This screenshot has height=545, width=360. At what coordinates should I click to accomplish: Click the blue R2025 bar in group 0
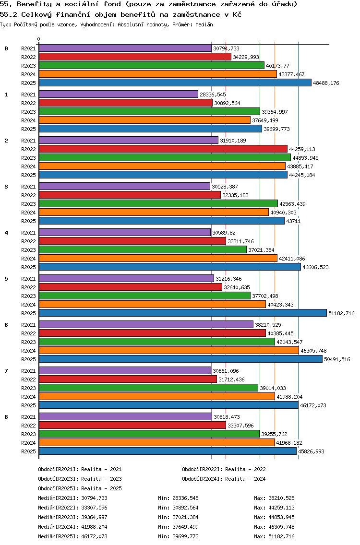[175, 83]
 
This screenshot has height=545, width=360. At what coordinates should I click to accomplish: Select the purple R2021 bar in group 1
[118, 95]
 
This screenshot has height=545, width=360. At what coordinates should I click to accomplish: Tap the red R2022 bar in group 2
[163, 149]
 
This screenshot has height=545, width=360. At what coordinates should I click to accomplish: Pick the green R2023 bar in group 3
[158, 204]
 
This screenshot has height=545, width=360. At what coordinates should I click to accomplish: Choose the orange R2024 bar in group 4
[158, 259]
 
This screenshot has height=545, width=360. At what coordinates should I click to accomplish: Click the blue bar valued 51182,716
[182, 313]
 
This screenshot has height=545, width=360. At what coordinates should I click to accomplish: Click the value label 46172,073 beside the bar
[313, 405]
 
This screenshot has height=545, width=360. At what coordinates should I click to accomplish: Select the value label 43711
[293, 221]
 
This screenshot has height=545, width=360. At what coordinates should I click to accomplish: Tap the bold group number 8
[6, 417]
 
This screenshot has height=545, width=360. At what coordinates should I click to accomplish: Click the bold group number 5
[6, 279]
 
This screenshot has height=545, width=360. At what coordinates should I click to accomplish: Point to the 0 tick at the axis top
[39, 39]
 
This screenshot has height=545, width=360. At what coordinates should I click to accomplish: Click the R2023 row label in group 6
[28, 342]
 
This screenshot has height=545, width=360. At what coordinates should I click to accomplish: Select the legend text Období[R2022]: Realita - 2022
[224, 469]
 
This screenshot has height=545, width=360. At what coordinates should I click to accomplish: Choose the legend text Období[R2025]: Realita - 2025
[80, 488]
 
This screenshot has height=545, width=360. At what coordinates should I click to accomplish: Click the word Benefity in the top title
[36, 4]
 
